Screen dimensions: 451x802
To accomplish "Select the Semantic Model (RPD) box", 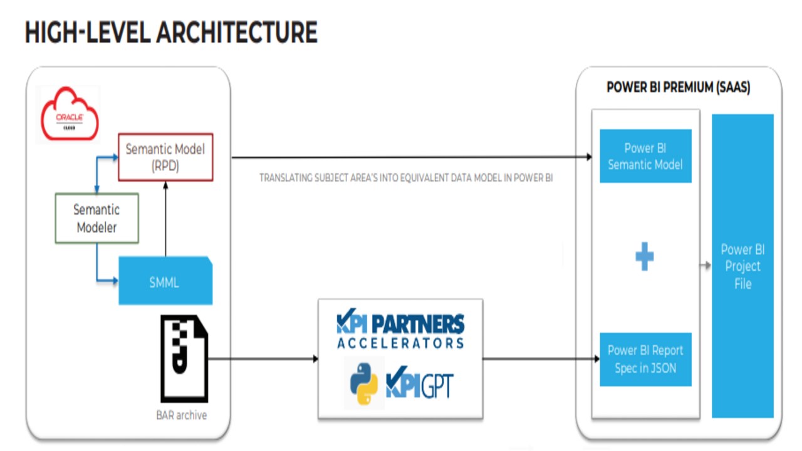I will coord(165,157).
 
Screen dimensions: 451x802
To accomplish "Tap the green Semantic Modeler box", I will coord(96,218).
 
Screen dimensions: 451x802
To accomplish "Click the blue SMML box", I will coord(165,282).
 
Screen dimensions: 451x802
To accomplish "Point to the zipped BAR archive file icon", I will coord(184,359).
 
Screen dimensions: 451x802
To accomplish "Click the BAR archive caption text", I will coord(181,415).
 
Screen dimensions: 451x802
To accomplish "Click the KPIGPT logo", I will coord(420,383).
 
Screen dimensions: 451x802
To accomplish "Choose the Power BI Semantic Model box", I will coord(645,157).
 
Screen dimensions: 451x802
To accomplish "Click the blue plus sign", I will coord(645,257).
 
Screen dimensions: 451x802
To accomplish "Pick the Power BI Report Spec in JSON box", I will coord(645,360).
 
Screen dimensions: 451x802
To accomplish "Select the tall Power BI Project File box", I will coord(742,266).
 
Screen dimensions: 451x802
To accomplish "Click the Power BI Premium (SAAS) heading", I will coord(678,88).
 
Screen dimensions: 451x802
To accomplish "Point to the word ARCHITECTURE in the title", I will coord(236,32).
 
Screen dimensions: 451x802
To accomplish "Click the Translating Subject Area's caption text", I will coord(406,178).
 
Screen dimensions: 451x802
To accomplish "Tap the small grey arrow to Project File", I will coord(706,266).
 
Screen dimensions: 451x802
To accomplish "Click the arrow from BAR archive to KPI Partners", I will coord(263,359).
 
